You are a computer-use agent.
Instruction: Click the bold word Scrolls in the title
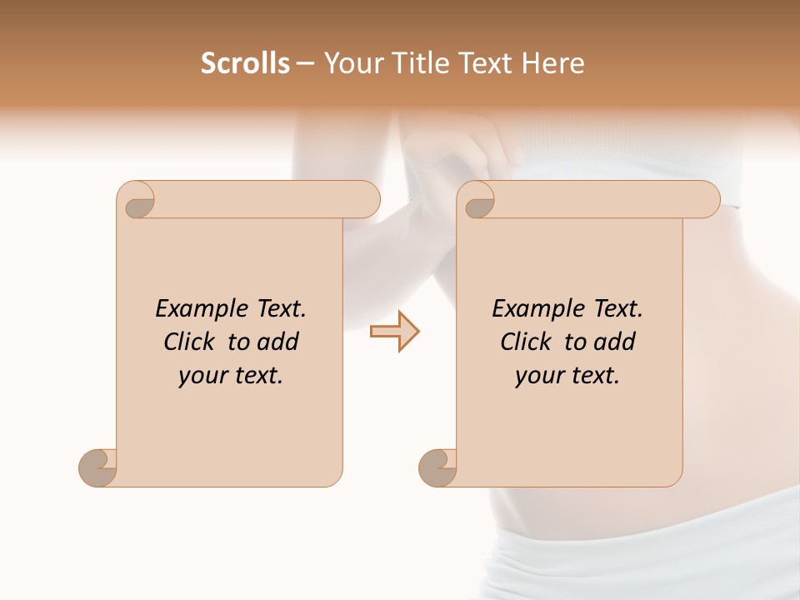[x=246, y=63]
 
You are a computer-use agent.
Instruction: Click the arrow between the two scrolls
[x=394, y=332]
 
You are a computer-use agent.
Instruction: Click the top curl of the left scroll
[x=138, y=200]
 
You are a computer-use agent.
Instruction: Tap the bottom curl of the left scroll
[x=98, y=467]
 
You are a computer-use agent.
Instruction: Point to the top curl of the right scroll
[x=479, y=200]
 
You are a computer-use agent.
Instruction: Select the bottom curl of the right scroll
[x=438, y=467]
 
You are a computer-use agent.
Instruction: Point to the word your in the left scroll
[x=201, y=376]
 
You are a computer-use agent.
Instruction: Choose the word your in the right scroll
[x=537, y=376]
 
